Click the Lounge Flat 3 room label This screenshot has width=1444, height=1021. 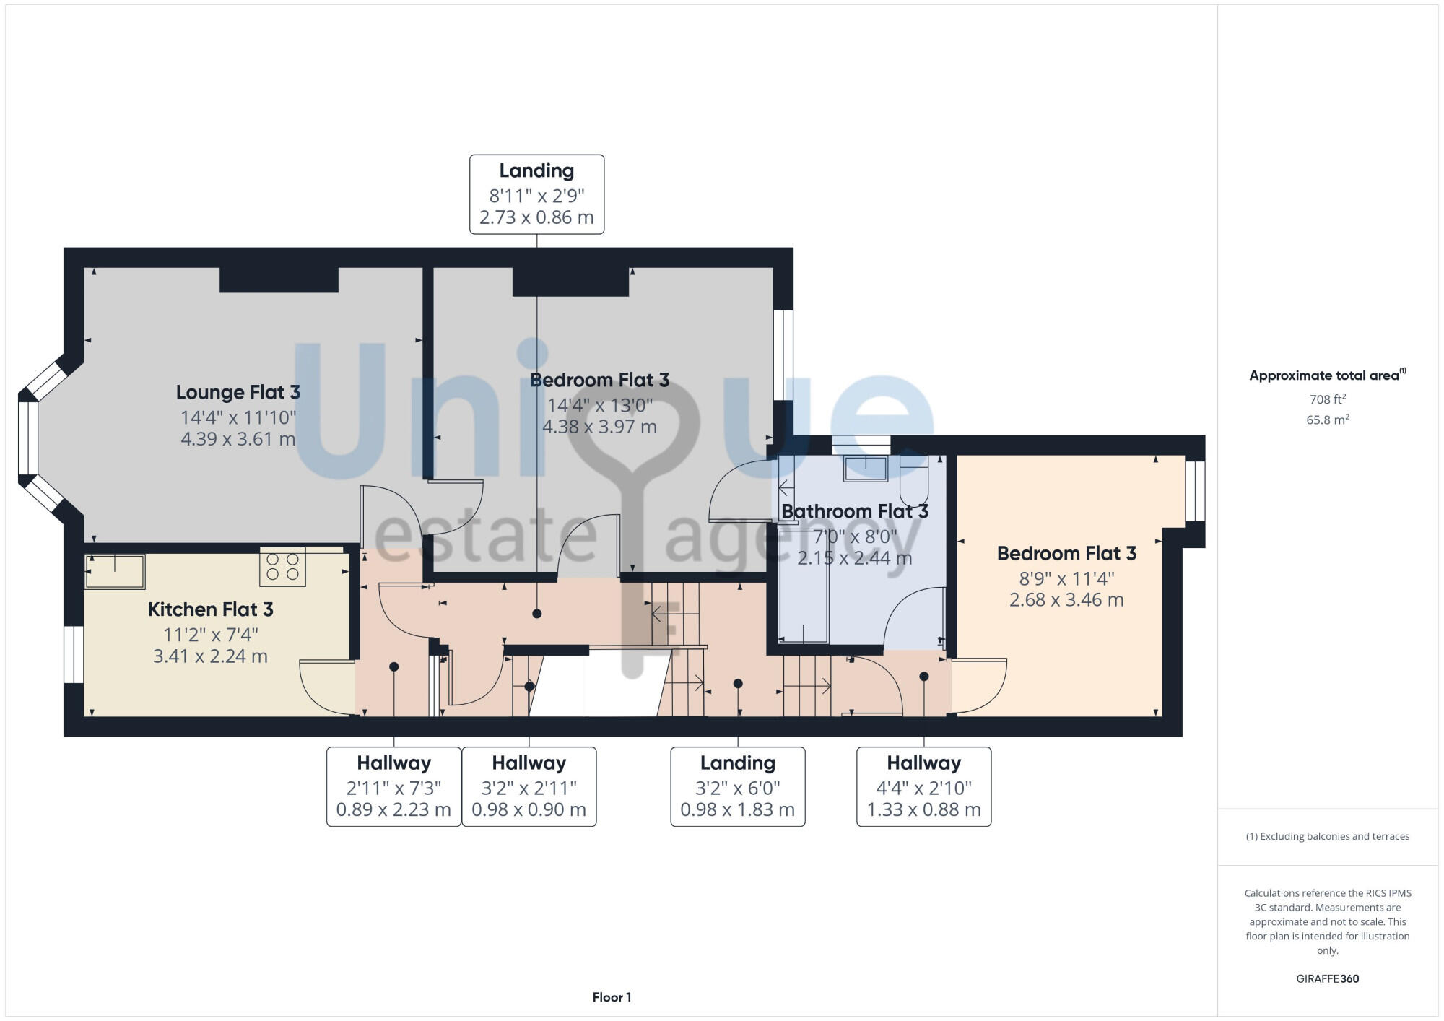(x=238, y=393)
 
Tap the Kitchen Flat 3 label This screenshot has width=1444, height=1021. (x=210, y=610)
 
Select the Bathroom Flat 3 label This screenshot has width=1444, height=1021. (x=854, y=512)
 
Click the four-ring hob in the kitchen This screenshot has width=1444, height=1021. (x=283, y=567)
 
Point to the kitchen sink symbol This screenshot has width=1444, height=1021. (x=116, y=572)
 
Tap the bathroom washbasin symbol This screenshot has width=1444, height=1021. (x=866, y=468)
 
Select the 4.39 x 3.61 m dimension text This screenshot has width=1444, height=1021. (x=238, y=439)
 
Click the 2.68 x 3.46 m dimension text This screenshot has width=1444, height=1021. (x=1066, y=600)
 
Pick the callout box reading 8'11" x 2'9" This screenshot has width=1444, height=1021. (x=536, y=194)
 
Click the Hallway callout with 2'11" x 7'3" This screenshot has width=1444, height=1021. (x=393, y=786)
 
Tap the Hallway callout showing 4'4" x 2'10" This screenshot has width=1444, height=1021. (x=923, y=786)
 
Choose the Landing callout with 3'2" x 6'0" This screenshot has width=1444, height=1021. (x=737, y=786)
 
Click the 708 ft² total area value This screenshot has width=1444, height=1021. (x=1327, y=399)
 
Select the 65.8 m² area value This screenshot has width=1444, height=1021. (x=1327, y=420)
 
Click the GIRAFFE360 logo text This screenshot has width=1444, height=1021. (x=1327, y=979)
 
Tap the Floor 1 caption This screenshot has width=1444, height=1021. (x=612, y=997)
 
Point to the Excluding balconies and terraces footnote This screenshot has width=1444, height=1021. (x=1327, y=836)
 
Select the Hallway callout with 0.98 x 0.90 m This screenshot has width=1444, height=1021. (x=529, y=786)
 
